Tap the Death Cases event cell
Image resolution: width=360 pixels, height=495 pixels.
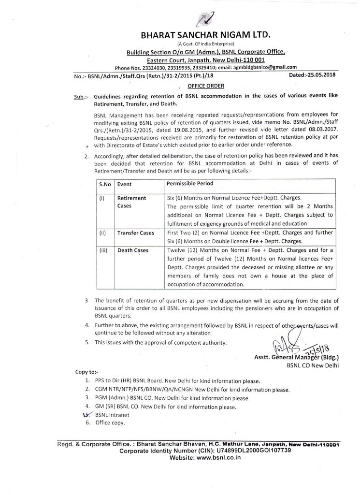click(132, 250)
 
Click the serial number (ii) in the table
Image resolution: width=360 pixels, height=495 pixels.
click(102, 233)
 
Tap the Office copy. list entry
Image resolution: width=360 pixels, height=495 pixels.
click(110, 423)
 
